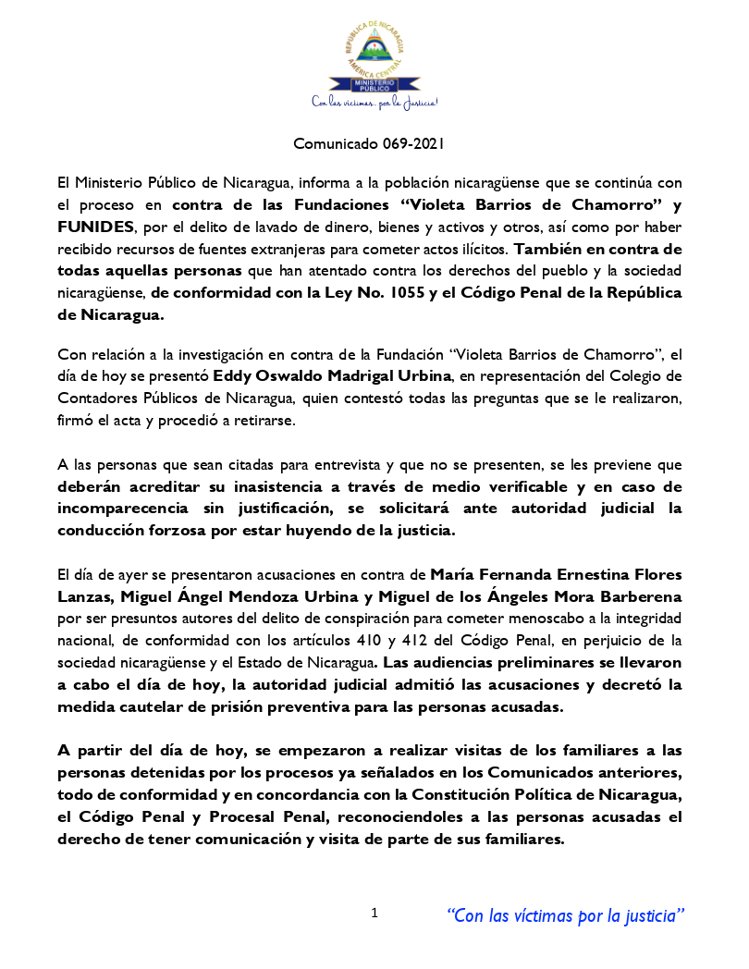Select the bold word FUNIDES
[96, 227]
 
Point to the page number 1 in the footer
[374, 914]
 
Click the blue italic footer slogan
[565, 915]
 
